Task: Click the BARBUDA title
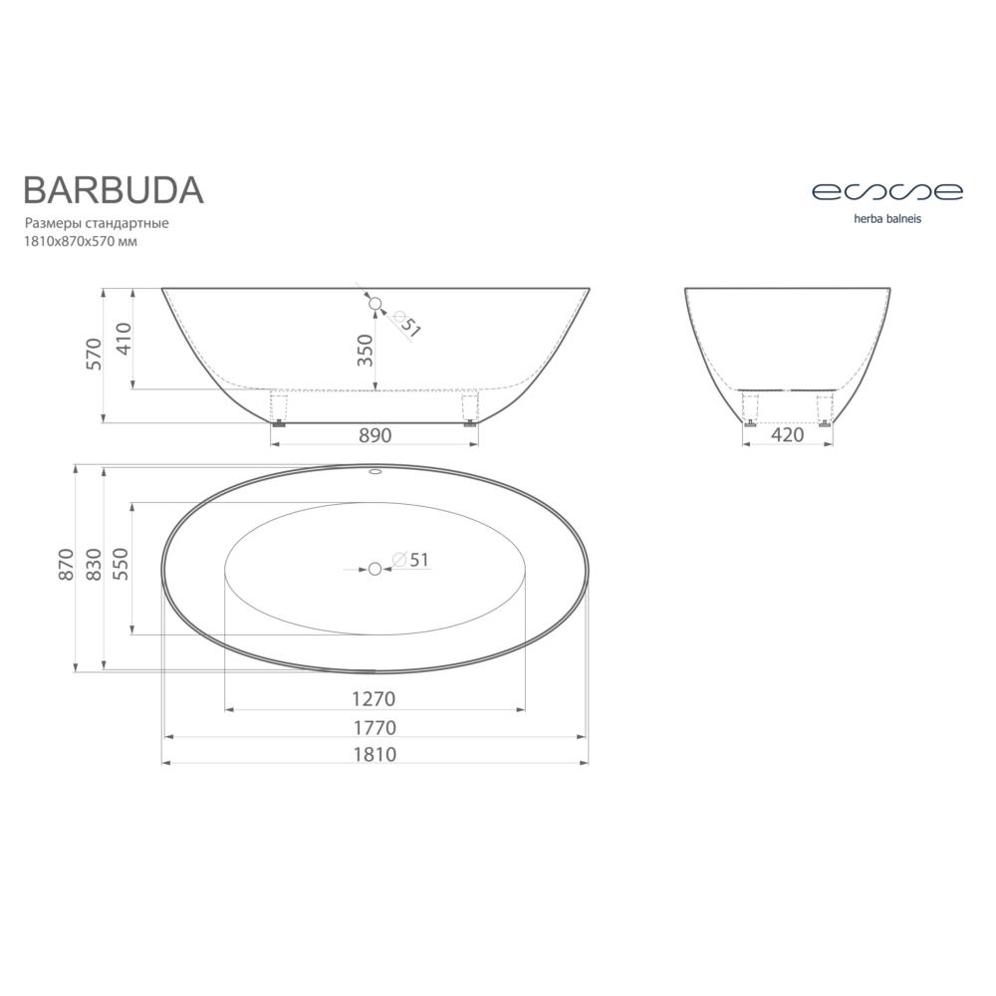pos(114,189)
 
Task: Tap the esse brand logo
pos(887,191)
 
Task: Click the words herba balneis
pos(887,218)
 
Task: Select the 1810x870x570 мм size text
pos(81,241)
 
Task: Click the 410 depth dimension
pos(124,339)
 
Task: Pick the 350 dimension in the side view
pos(366,350)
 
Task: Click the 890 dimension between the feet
pos(375,435)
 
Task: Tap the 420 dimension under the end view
pos(787,435)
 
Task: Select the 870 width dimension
pos(66,564)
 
